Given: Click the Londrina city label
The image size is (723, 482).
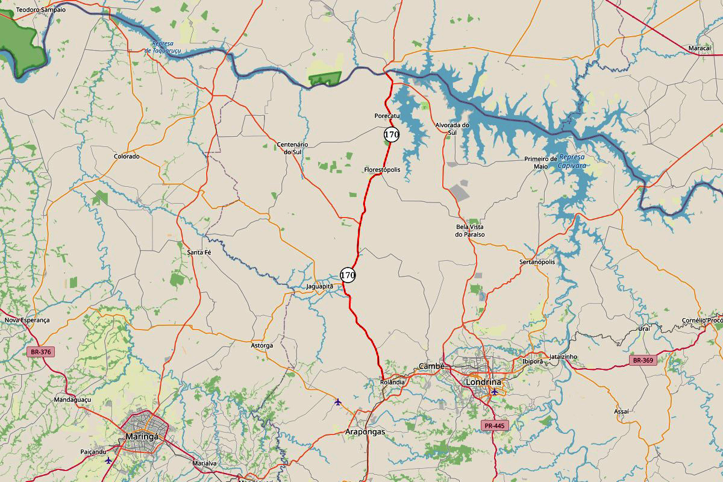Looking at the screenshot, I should tap(483, 382).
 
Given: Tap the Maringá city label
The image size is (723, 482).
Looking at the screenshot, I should tap(142, 436).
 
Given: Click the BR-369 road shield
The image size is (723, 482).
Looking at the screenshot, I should tap(643, 360).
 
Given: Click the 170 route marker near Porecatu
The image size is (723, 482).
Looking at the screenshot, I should tap(392, 134).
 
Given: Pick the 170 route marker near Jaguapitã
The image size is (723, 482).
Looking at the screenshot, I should tap(348, 275).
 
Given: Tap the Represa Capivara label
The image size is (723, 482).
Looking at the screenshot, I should tap(571, 161).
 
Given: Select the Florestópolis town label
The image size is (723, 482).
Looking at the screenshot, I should tap(382, 170).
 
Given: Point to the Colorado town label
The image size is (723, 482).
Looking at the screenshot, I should tap(127, 157).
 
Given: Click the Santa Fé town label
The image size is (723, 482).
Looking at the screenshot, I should tap(199, 252).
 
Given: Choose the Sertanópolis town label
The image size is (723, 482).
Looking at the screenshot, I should tap(537, 262).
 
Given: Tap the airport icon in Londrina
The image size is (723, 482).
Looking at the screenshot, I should tap(495, 392).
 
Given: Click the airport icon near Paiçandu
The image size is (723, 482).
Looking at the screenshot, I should tap(108, 460).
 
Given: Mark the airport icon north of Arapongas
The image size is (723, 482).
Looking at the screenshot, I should tap(337, 402).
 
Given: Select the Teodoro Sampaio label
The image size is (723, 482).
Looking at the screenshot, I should tap(40, 10).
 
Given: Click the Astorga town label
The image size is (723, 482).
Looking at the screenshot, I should tap(261, 345).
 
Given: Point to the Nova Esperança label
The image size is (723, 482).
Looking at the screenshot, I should tap(27, 320).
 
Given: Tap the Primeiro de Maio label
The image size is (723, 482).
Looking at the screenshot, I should tap(540, 162).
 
